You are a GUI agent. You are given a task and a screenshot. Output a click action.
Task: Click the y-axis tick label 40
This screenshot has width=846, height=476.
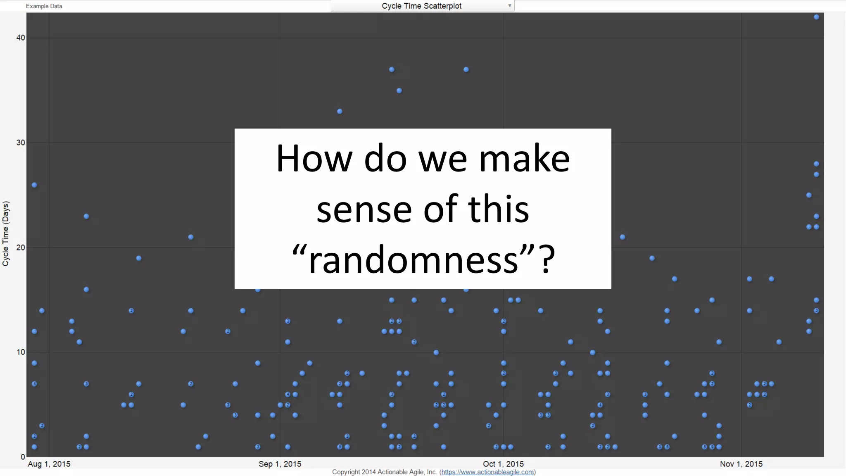(x=20, y=38)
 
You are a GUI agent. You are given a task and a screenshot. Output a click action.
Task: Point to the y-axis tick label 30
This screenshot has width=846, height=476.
(x=20, y=143)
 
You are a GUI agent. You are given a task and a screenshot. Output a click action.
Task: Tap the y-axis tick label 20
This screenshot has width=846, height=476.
(x=20, y=248)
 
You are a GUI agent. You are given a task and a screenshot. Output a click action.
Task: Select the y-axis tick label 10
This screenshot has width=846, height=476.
(x=20, y=352)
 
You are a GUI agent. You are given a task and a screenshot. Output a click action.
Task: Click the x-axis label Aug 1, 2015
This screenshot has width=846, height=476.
(x=49, y=464)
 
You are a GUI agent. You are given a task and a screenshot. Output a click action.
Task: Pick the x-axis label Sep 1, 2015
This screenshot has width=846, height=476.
(x=280, y=464)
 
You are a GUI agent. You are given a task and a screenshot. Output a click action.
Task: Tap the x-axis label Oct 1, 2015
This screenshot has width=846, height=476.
(x=503, y=464)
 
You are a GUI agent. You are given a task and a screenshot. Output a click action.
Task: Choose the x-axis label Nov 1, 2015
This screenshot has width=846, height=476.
(x=741, y=464)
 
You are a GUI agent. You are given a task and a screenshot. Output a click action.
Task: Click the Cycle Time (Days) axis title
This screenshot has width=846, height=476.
(x=6, y=233)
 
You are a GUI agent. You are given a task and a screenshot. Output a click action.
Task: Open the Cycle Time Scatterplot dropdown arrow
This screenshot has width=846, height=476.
(x=510, y=6)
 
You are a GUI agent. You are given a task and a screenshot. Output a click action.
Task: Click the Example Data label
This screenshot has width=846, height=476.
(x=44, y=6)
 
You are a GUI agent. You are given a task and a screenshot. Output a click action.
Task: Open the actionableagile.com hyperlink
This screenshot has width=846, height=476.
(x=487, y=472)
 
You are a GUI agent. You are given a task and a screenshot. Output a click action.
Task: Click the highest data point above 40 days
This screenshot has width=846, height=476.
(x=816, y=17)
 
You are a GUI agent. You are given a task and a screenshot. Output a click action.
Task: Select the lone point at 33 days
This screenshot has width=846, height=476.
(x=340, y=111)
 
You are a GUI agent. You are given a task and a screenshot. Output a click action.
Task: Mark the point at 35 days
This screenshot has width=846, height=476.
(x=399, y=90)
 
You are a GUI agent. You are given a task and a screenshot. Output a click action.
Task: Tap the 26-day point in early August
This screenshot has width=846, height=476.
(x=34, y=185)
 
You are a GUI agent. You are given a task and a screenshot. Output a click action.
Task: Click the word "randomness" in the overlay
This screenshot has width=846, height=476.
(x=413, y=260)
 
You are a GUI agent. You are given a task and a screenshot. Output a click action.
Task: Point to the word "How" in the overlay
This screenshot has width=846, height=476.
(x=314, y=159)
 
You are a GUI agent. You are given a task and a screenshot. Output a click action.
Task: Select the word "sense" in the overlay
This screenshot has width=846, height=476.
(x=364, y=209)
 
